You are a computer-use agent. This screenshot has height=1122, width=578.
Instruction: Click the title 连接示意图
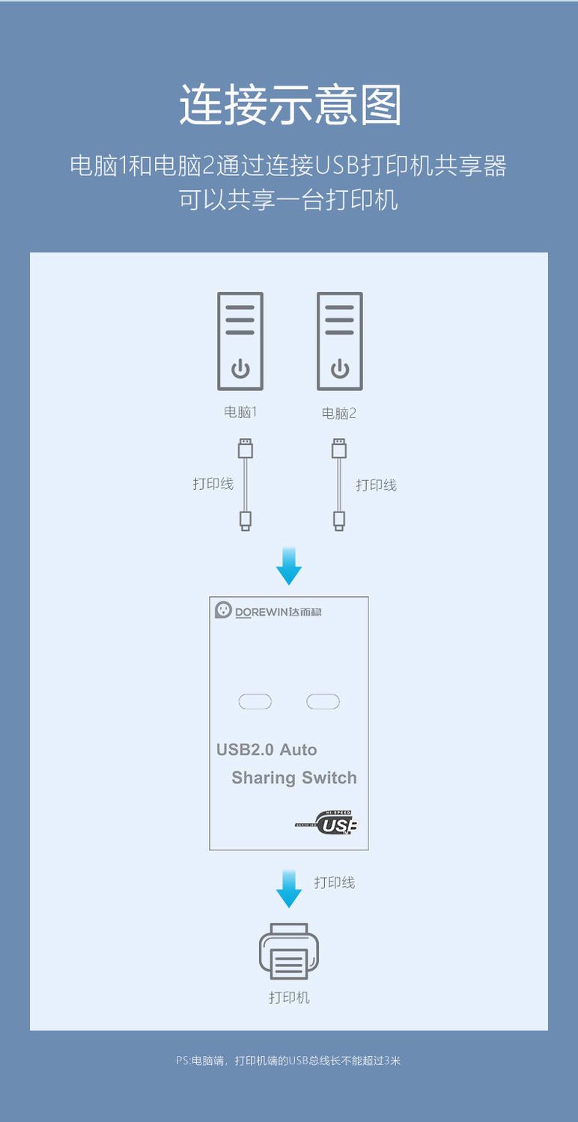[x=290, y=104]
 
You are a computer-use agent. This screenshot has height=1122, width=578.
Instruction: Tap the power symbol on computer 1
[x=240, y=369]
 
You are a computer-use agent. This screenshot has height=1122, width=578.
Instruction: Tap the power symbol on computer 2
[x=340, y=369]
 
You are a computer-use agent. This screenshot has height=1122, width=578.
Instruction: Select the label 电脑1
[x=240, y=412]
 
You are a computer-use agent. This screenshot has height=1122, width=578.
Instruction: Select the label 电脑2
[x=339, y=413]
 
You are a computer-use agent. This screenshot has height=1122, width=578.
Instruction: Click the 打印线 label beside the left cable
[x=213, y=483]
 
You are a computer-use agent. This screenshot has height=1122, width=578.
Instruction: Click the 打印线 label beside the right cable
[x=376, y=485]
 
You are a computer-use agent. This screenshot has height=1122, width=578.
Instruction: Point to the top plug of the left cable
[x=246, y=449]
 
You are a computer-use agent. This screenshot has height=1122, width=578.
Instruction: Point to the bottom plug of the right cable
[x=339, y=521]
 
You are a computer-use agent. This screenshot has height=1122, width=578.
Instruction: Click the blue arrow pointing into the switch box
[x=289, y=566]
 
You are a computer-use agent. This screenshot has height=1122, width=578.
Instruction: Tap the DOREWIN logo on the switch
[x=269, y=610]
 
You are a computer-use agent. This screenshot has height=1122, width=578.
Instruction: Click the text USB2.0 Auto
[x=267, y=749]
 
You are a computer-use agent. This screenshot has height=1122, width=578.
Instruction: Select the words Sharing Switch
[x=294, y=777]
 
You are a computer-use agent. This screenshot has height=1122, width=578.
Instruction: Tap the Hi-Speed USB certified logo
[x=326, y=822]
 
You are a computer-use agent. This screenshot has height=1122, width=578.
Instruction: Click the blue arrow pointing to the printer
[x=289, y=889]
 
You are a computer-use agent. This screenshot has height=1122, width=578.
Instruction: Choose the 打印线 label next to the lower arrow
[x=335, y=882]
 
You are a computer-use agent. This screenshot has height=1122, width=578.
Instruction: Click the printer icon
[x=289, y=951]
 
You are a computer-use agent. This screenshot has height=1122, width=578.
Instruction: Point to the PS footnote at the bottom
[x=288, y=1061]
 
